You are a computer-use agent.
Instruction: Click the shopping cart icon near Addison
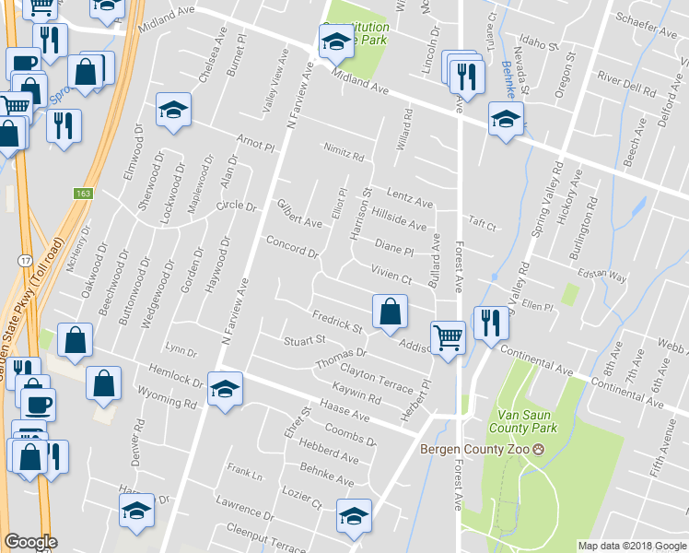[x=449, y=338]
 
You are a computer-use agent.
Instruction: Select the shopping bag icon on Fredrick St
[x=390, y=312]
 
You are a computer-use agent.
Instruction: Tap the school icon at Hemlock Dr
[x=225, y=389]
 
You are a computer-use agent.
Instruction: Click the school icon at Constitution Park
[x=335, y=41]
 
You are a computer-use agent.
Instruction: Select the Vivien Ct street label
[x=391, y=267]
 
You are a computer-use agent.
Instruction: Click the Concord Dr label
[x=292, y=246]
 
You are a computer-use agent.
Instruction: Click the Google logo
[x=30, y=542]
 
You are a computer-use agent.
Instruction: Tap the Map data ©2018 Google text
[x=631, y=546]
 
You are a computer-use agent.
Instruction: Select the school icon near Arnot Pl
[x=172, y=111]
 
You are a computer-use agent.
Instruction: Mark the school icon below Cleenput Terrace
[x=353, y=518]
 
